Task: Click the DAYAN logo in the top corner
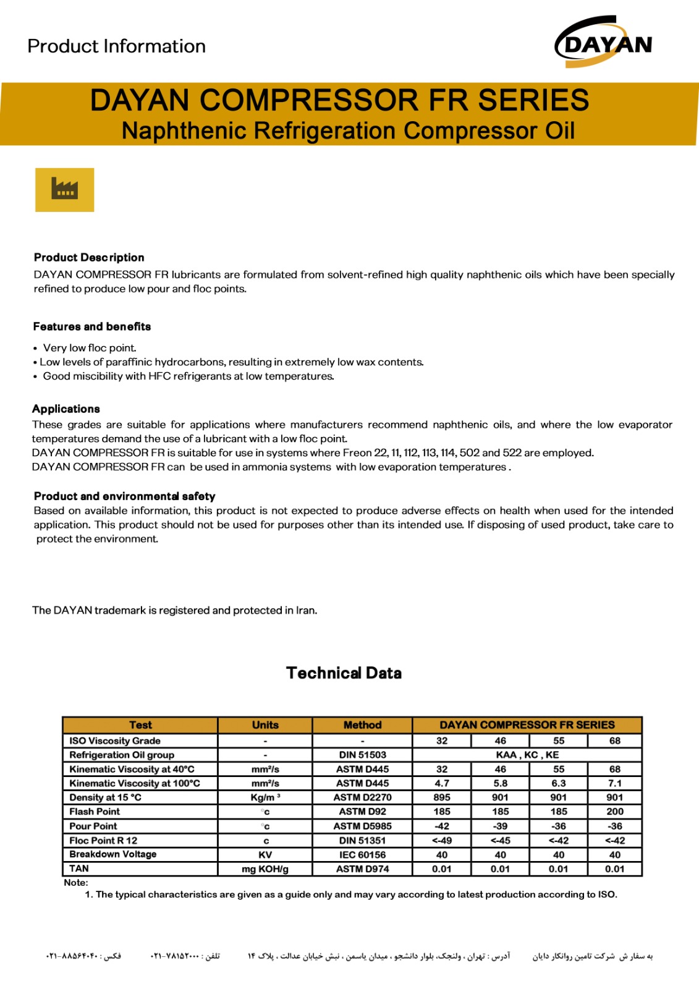pos(604,43)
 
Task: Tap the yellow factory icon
pos(64,190)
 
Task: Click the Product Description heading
pos(89,258)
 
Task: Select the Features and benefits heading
pos(92,326)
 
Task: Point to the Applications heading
pos(66,409)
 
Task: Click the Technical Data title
pos(344,673)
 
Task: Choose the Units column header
pos(265,725)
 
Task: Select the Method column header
pos(362,725)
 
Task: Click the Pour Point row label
pos(93,826)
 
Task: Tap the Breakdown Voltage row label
pos(113,854)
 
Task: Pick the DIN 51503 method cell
pos(362,755)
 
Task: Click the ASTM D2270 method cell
pos(362,797)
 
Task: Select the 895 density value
pos(442,797)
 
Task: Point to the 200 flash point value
pos(615,812)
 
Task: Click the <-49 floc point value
pos(442,841)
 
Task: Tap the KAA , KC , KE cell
pos(527,755)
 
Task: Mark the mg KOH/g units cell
pos(265,869)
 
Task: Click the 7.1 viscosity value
pos(615,783)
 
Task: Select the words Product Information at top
pos(117,46)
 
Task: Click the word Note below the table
pos(76,883)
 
